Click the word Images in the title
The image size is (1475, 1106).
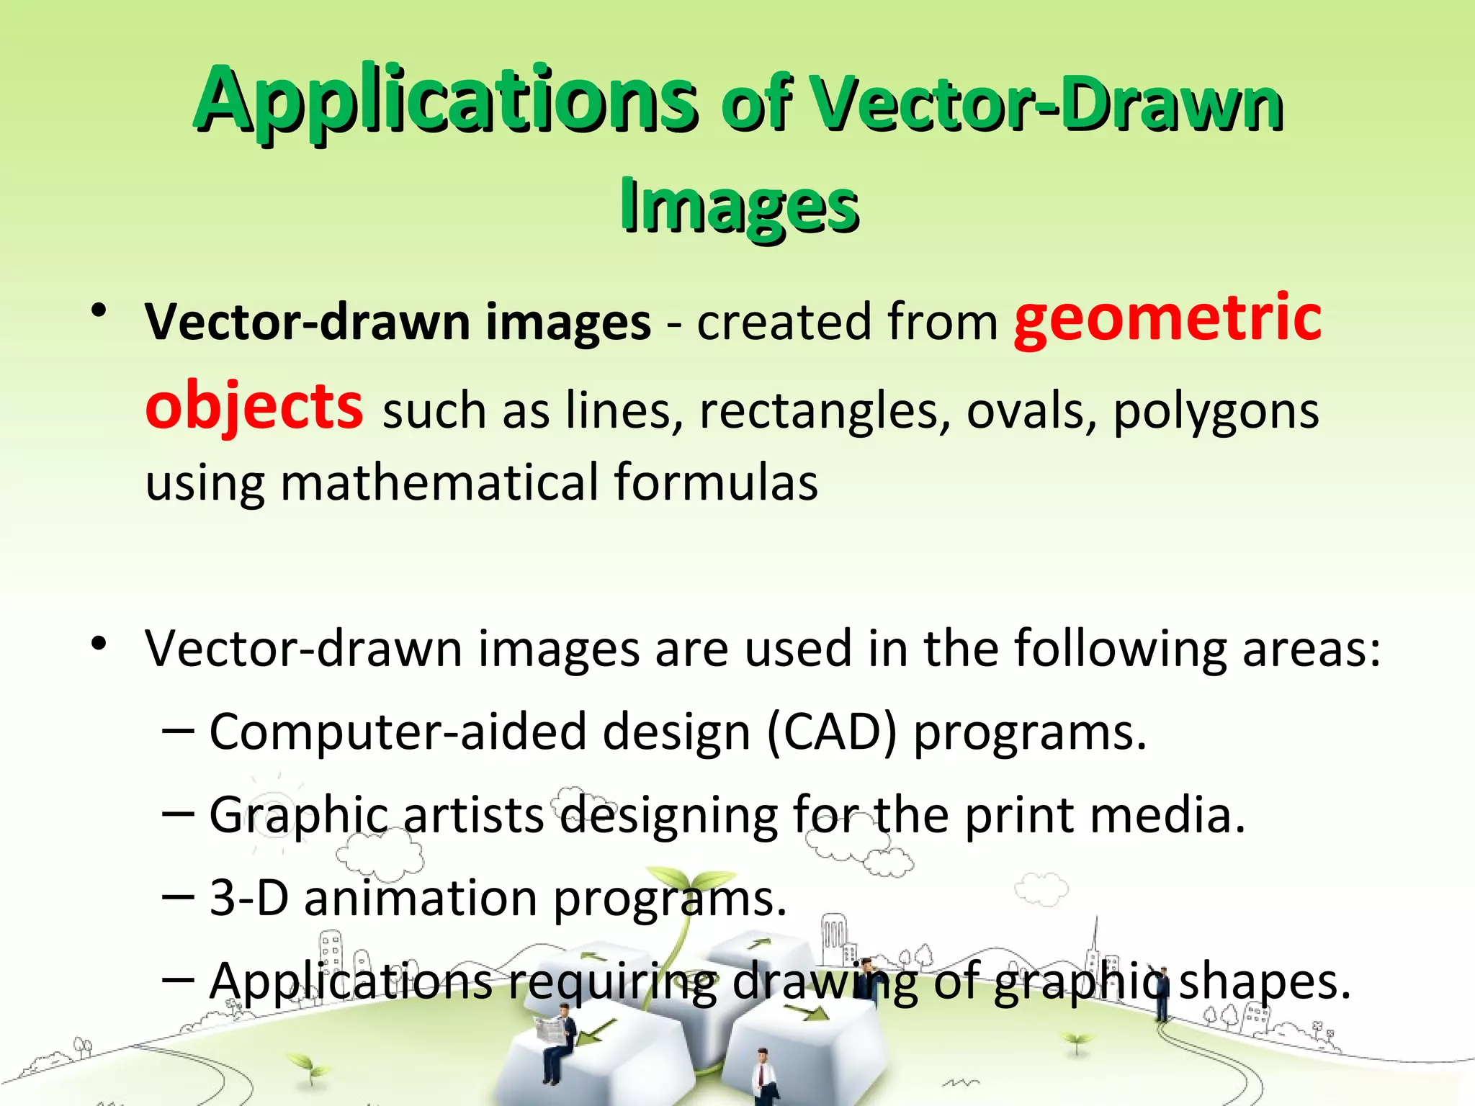click(x=740, y=206)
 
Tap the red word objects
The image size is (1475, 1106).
click(x=254, y=407)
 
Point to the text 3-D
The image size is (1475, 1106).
click(x=249, y=898)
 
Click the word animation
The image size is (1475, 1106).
click(x=421, y=898)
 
